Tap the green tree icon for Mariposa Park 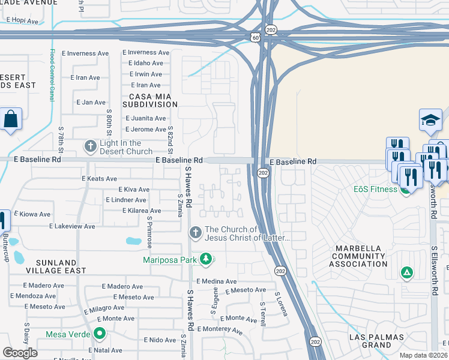click(206, 259)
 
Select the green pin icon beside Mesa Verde click(100, 334)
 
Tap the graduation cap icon click(431, 120)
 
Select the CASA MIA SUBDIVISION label click(150, 100)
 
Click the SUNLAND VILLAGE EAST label click(47, 267)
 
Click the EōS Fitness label click(375, 190)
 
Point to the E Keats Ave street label click(99, 179)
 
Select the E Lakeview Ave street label click(72, 226)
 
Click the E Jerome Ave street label click(145, 130)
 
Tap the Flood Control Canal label click(52, 74)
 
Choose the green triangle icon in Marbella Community click(407, 274)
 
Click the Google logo click(20, 353)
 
